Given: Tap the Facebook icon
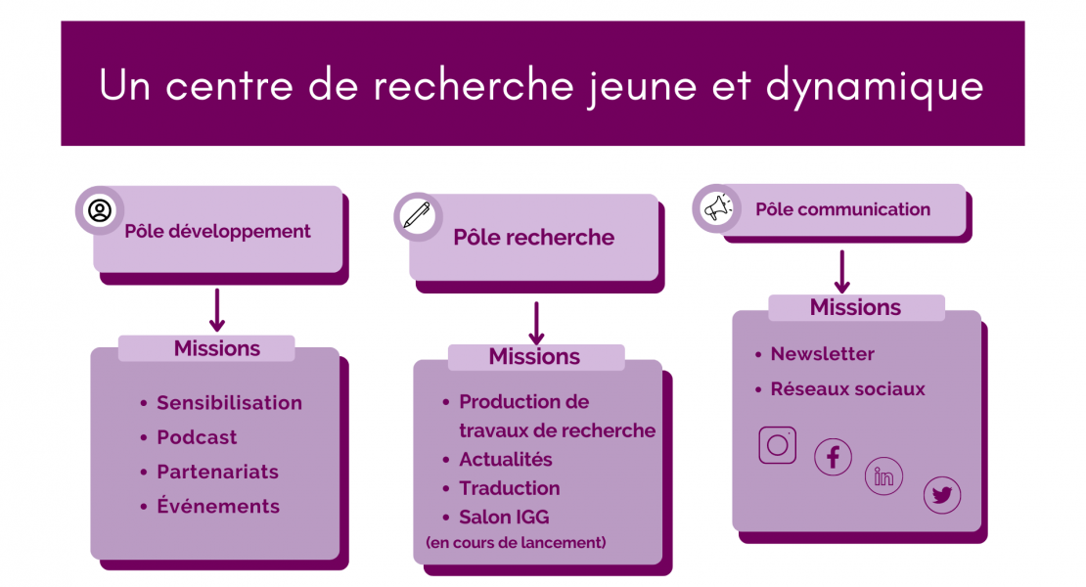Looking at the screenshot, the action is pos(833,457).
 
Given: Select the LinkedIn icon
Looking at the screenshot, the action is pos(883,476).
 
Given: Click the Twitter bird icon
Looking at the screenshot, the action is pos(942,495).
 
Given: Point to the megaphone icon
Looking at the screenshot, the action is pos(717,207).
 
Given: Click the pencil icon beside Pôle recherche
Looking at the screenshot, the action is pos(417,215).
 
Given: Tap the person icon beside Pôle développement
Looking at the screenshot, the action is pos(100,209).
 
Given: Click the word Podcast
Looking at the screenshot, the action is pos(197,437).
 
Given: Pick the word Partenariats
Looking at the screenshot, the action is pos(217,473).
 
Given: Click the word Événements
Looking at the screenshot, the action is pos(218,506).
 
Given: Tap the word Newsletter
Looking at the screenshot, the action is pos(822,354).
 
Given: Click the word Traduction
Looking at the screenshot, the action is pos(509,488).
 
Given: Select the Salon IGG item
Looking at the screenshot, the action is pos(504,518).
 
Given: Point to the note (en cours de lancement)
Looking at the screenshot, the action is pos(516,543).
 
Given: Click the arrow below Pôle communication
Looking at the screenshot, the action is pos(842,272).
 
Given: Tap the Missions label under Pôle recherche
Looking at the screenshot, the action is pos(535,356).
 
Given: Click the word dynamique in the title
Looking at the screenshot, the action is pos(875,86).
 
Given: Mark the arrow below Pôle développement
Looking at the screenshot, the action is pos(217,310).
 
